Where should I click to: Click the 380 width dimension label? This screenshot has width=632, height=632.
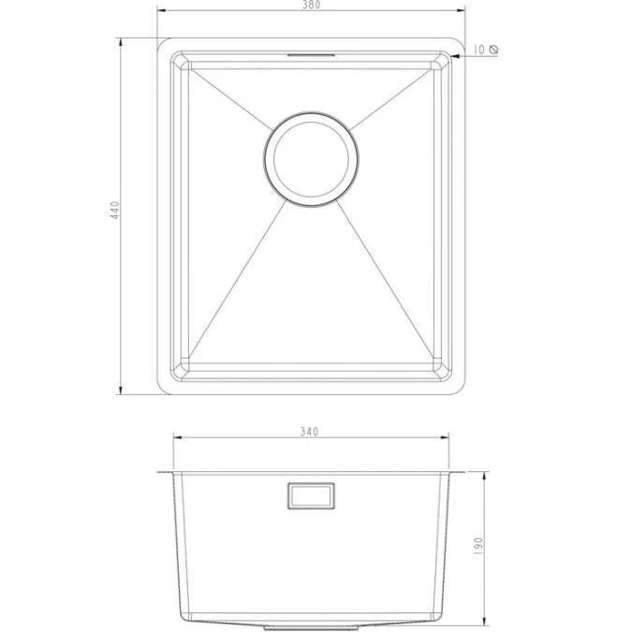(311, 5)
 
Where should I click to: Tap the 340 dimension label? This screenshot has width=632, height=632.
(310, 432)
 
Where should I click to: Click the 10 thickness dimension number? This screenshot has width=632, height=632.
(478, 49)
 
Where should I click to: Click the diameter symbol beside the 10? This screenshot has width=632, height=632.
(493, 49)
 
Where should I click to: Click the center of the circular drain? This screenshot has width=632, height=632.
(312, 155)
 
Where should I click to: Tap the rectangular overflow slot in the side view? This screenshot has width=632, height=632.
(311, 495)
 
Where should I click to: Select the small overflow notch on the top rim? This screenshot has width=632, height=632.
(311, 55)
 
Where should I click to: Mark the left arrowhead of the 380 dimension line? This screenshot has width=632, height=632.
(160, 12)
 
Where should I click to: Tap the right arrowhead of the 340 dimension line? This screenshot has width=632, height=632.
(446, 438)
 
